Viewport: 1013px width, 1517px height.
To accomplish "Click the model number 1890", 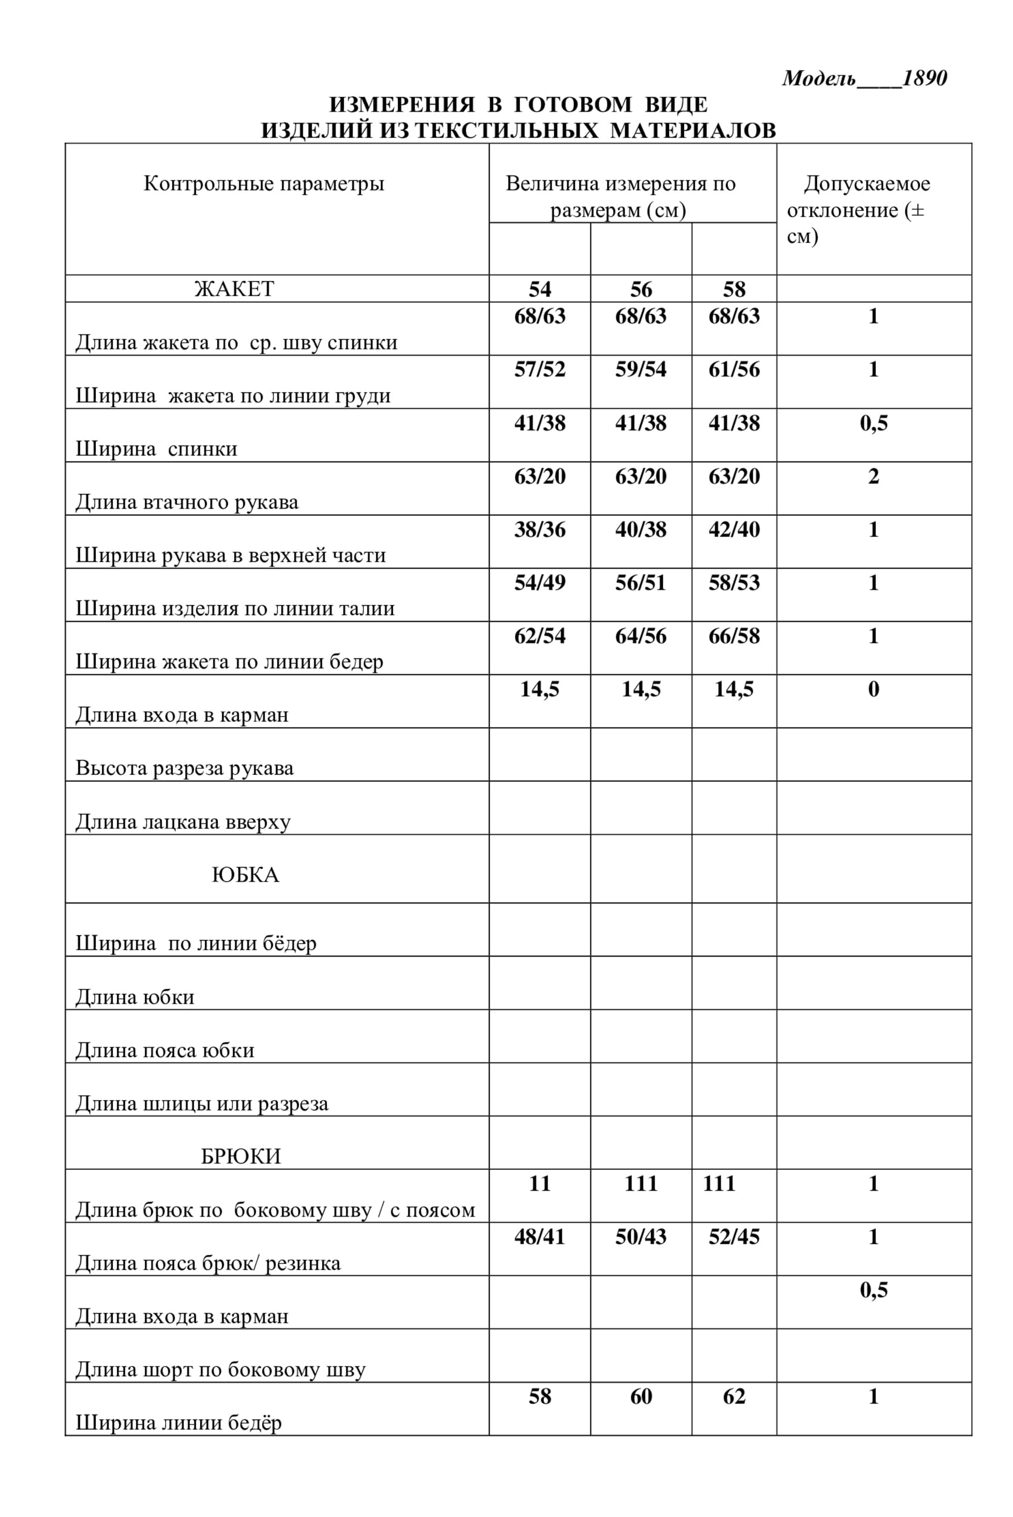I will coord(924,78).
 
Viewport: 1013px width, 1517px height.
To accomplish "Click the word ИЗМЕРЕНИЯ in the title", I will coord(401,104).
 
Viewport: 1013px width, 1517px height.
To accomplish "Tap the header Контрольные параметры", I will coord(264,183).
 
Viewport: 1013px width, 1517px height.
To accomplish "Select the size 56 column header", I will coord(641,289).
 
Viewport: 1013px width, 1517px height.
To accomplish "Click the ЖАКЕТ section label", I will coord(234,289).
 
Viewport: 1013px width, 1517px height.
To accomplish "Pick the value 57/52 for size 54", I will coord(539,370).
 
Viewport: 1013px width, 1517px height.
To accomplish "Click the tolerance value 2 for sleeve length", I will coord(873,476).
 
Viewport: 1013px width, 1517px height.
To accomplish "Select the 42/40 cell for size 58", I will coord(734,530).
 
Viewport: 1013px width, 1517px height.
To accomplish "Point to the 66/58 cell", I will coord(734,637).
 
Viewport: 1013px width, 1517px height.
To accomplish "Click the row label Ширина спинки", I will coord(156,449).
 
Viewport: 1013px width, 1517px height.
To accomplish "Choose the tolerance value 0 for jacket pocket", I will coord(873,689).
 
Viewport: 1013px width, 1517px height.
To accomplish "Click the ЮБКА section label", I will coord(246,875).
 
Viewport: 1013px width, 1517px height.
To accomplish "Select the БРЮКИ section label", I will coord(241,1156).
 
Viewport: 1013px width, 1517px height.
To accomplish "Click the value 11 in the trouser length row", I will coord(539,1184).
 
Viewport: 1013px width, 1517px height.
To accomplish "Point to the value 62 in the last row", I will coord(734,1397).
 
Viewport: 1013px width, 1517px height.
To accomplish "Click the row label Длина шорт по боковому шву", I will coord(221,1370).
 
